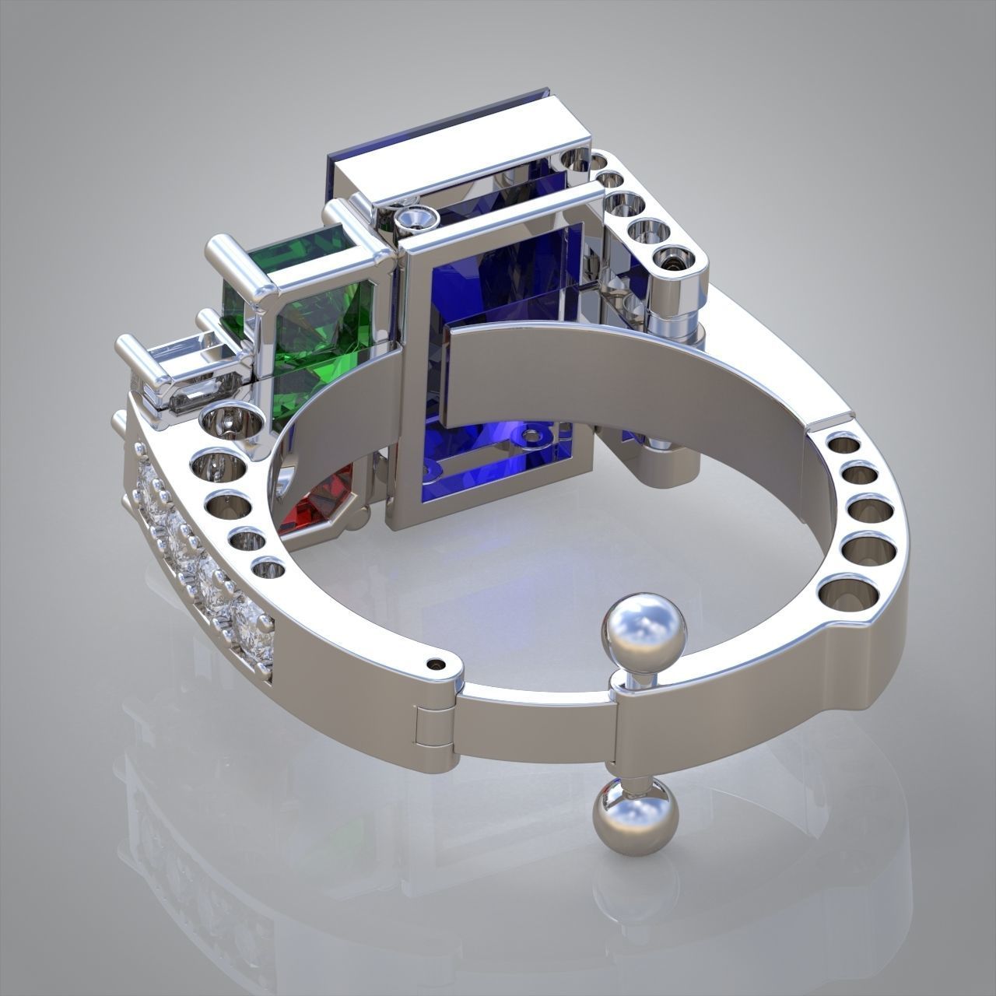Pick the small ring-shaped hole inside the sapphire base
pos(534,437)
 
